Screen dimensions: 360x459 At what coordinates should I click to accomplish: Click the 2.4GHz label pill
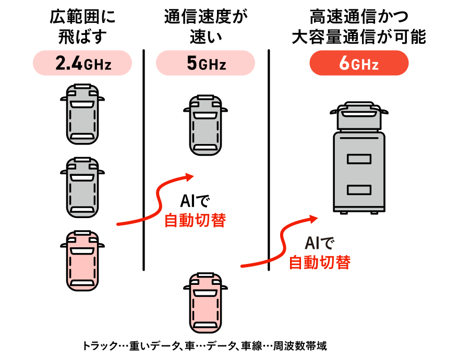tap(82, 63)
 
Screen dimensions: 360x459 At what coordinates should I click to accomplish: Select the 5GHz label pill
tap(206, 63)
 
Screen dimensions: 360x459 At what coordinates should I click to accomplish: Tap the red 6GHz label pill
tap(359, 63)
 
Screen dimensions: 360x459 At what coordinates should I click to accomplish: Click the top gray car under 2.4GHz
tap(82, 114)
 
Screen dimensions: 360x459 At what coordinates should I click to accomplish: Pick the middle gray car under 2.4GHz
tap(82, 187)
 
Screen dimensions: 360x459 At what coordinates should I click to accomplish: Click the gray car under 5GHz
tap(206, 125)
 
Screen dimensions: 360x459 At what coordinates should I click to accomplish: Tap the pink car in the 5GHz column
tap(206, 303)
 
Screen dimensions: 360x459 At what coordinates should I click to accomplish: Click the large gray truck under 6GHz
tap(359, 167)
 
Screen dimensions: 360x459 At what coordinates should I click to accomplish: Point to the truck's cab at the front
tap(359, 116)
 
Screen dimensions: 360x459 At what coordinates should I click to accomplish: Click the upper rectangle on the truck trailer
tap(359, 159)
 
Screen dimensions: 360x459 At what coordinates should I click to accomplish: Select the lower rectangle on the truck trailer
tap(359, 189)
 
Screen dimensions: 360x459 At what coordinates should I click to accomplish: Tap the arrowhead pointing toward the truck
tap(313, 217)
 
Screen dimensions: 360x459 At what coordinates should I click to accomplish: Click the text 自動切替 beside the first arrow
tap(195, 220)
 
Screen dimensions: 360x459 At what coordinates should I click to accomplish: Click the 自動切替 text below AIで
tap(319, 262)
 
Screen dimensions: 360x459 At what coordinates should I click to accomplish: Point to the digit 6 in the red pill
tap(344, 63)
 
